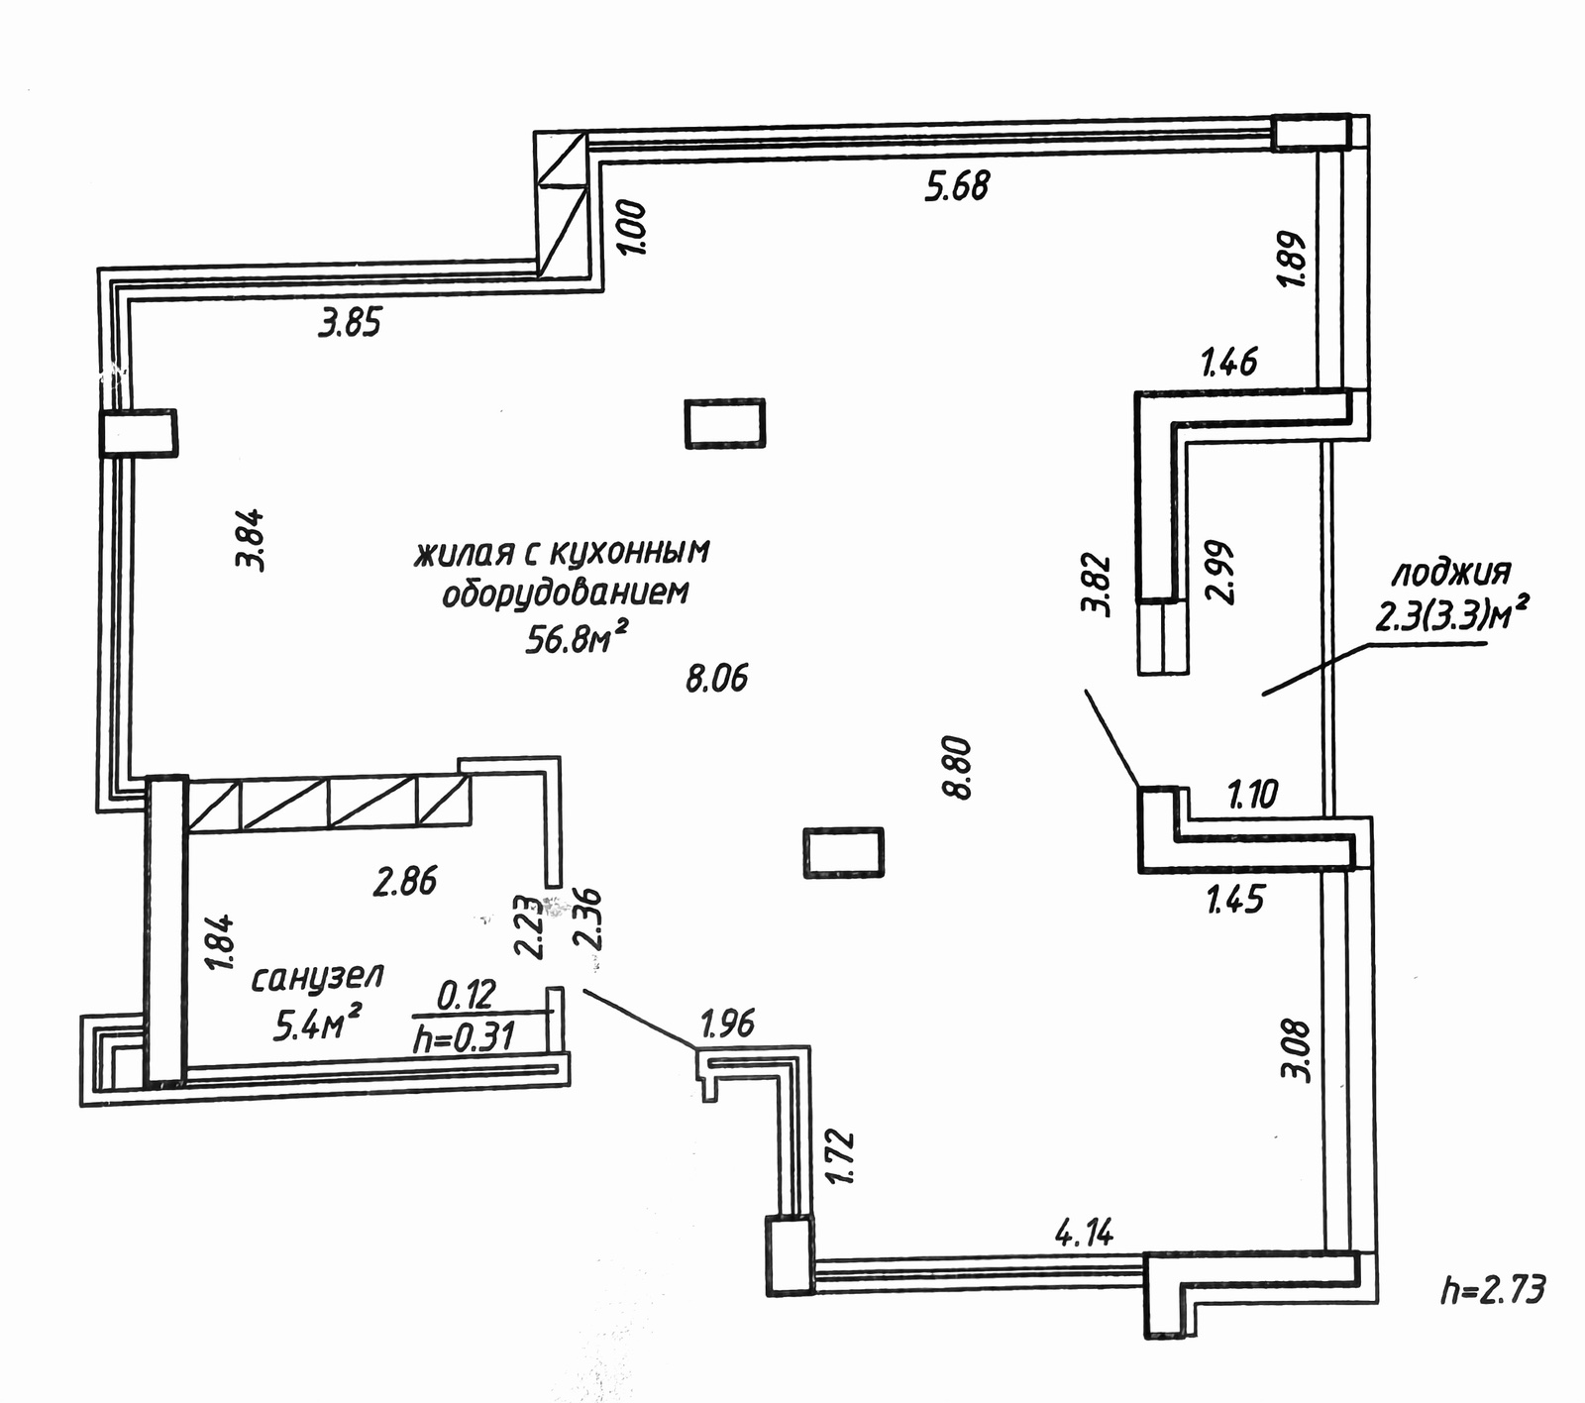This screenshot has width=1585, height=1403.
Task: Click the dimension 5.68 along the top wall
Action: pyautogui.click(x=957, y=185)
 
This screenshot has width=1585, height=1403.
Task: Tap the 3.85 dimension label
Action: pyautogui.click(x=350, y=323)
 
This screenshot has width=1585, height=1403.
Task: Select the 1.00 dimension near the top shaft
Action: pyautogui.click(x=633, y=228)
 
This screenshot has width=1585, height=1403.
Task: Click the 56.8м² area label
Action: pyautogui.click(x=578, y=639)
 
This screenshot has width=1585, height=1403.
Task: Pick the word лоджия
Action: pyautogui.click(x=1452, y=573)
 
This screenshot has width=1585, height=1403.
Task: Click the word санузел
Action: pyautogui.click(x=317, y=978)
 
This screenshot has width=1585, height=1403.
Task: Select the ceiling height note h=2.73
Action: pyautogui.click(x=1493, y=1289)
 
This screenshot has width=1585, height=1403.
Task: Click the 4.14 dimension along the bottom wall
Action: pyautogui.click(x=1085, y=1234)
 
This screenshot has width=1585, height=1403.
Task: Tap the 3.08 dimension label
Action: pyautogui.click(x=1297, y=1049)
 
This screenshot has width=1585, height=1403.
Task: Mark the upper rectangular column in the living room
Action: pyautogui.click(x=725, y=423)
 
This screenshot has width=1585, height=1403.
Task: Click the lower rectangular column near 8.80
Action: pyautogui.click(x=842, y=852)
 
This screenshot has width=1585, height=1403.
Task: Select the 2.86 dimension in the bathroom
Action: pyautogui.click(x=405, y=880)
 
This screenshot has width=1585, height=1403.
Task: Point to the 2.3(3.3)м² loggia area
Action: pyautogui.click(x=1449, y=616)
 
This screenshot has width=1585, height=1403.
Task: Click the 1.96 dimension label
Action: pyautogui.click(x=728, y=1023)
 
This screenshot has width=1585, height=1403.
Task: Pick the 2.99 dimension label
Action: pyautogui.click(x=1219, y=572)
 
